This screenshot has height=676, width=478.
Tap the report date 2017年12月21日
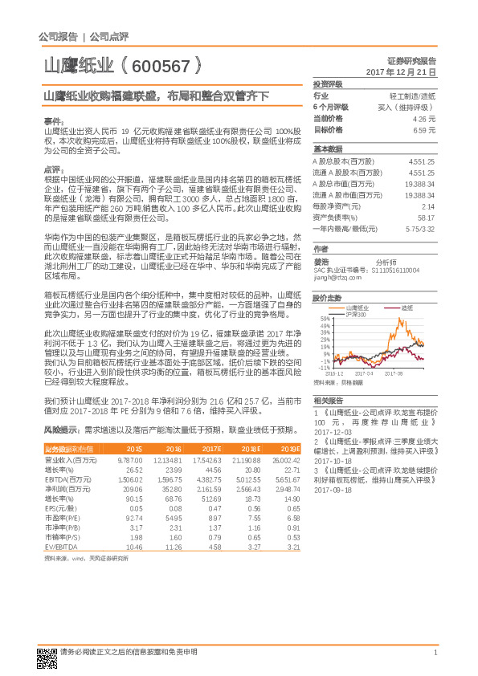pos(400,72)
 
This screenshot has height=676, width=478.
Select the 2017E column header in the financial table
pos(211,449)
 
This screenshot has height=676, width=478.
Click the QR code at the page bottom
pos(45,657)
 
